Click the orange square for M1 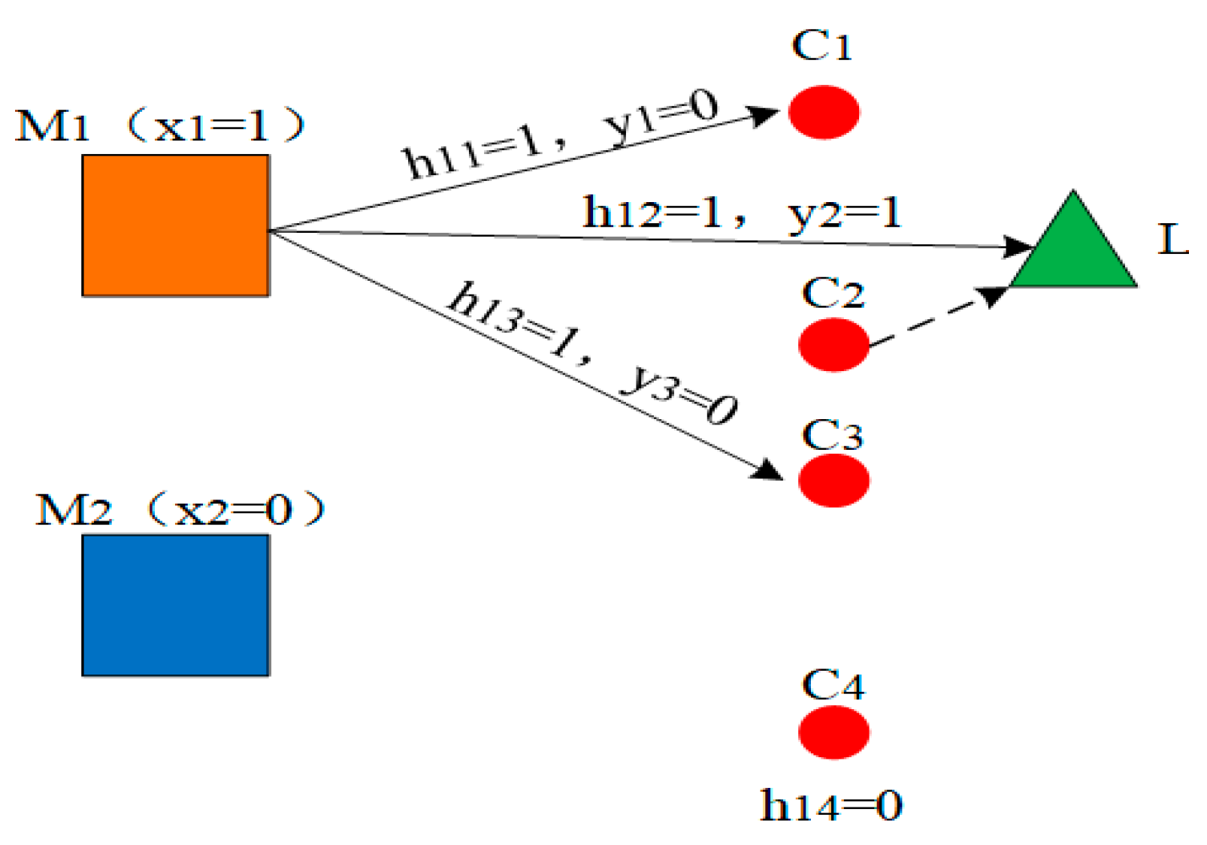[175, 225]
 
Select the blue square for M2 [175, 605]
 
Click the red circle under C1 [824, 113]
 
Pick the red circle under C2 [833, 345]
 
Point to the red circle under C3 [833, 481]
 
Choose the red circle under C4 [833, 732]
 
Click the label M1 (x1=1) [160, 126]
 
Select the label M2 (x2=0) [180, 511]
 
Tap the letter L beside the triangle [1172, 240]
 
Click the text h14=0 [831, 806]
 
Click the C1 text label [821, 46]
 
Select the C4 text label [833, 685]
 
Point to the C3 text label [833, 436]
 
